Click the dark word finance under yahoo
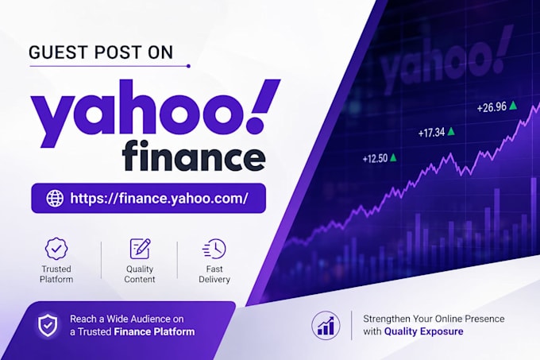pyautogui.click(x=195, y=156)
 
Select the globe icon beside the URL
pyautogui.click(x=55, y=198)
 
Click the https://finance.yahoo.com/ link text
pyautogui.click(x=159, y=198)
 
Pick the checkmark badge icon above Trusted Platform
pyautogui.click(x=56, y=248)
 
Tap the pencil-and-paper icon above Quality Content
pyautogui.click(x=140, y=249)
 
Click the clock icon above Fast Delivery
pyautogui.click(x=214, y=249)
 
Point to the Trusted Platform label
pyautogui.click(x=56, y=274)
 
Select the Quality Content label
pyautogui.click(x=140, y=274)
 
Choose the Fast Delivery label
pyautogui.click(x=214, y=274)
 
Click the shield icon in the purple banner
pyautogui.click(x=48, y=325)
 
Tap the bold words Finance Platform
pyautogui.click(x=154, y=331)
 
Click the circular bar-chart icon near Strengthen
pyautogui.click(x=326, y=326)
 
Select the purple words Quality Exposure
pyautogui.click(x=423, y=331)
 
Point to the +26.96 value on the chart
pyautogui.click(x=492, y=107)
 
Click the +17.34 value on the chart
pyautogui.click(x=431, y=133)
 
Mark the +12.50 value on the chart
pyautogui.click(x=375, y=159)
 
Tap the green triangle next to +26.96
pyautogui.click(x=513, y=105)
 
